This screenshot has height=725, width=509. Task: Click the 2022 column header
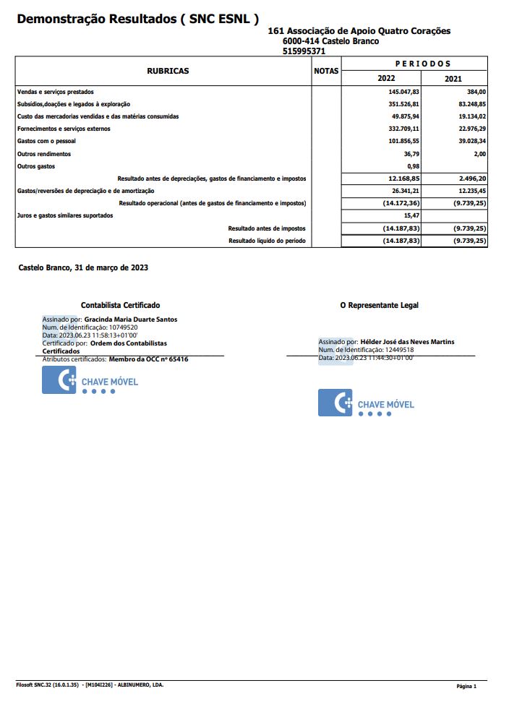[x=386, y=79]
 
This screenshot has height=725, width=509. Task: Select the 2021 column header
[x=453, y=79]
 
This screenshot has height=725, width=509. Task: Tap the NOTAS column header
[x=326, y=72]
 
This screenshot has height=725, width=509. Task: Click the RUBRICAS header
[x=168, y=72]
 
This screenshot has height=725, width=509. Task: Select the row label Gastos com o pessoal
[x=46, y=141]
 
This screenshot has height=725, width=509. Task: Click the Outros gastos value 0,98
[x=414, y=166]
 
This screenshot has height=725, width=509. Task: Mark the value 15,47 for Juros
[x=412, y=215]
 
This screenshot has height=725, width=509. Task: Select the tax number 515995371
[x=304, y=51]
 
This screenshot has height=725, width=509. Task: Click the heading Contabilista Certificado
[x=121, y=306]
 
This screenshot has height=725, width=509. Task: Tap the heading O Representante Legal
[x=380, y=306]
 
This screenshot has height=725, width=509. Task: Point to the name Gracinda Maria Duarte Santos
[x=131, y=319]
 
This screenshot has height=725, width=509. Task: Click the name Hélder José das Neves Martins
[x=407, y=342]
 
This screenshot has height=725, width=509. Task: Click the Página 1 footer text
[x=467, y=686]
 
